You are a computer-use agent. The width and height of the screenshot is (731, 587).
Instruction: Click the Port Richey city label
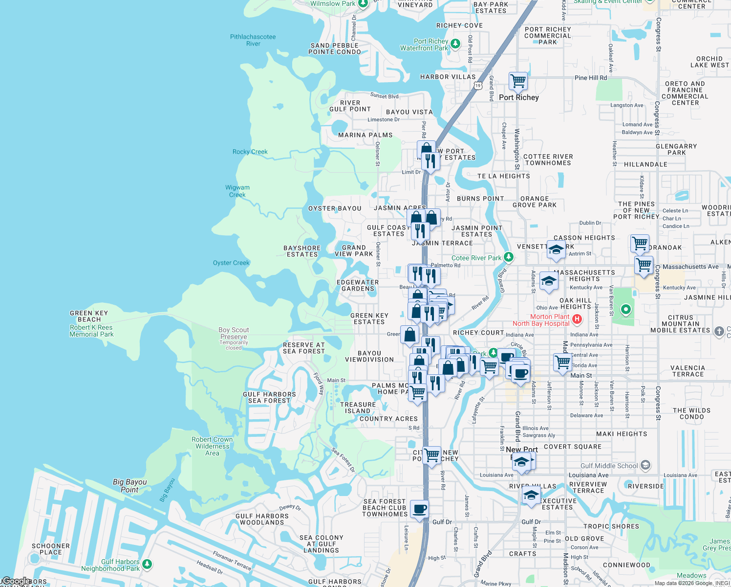coord(518,97)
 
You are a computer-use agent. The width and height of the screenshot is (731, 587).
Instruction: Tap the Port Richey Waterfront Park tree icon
coord(455,44)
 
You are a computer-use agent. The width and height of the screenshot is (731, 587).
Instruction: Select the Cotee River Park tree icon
coord(509,257)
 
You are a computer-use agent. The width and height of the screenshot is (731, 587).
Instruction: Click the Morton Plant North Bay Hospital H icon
coord(577,319)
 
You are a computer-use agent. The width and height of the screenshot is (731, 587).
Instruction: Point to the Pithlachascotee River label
coord(253,40)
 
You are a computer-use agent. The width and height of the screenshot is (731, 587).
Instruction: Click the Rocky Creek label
coord(250,152)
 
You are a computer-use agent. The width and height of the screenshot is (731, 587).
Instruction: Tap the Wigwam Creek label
coord(237,191)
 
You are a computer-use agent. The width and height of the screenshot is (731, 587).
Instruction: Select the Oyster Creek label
coord(231,263)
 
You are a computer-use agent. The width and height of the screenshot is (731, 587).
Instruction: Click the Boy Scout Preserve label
coord(234,333)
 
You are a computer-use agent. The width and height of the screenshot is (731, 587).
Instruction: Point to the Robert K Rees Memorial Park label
coord(91,331)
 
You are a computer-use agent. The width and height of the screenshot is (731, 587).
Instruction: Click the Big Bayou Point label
coord(129,485)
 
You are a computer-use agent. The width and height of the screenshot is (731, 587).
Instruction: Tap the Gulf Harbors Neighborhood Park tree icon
coord(147,564)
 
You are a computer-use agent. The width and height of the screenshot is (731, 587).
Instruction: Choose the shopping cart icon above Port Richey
coord(518,80)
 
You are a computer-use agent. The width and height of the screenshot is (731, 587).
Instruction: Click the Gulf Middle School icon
coord(645,465)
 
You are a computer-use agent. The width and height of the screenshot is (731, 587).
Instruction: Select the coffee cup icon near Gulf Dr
coord(419,509)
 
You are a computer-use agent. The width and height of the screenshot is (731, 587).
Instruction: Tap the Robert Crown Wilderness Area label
coord(212,446)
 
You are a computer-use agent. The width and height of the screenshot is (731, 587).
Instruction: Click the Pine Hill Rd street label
coord(591,78)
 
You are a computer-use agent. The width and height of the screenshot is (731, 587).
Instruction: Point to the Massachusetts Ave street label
coord(690,267)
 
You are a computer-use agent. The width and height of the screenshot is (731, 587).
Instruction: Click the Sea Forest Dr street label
coord(343,460)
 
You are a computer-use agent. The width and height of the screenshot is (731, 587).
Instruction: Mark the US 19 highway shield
coord(477,85)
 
